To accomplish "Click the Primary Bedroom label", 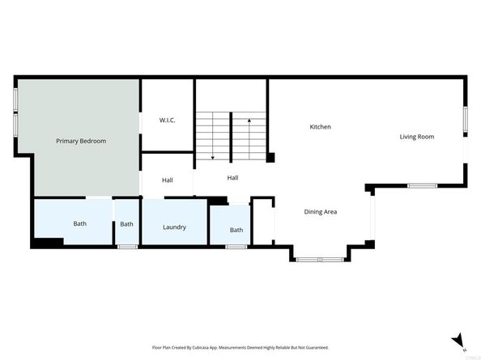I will click(81, 141).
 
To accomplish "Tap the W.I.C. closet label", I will click(167, 121).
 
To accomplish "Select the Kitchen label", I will click(321, 127).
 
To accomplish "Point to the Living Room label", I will click(416, 137).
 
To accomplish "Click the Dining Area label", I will click(321, 212).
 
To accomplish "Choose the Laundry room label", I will click(174, 227).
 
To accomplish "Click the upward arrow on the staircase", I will click(249, 121).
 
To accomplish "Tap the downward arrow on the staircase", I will click(213, 155).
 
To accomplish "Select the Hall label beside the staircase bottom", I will click(232, 178).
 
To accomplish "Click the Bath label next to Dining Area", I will click(236, 230).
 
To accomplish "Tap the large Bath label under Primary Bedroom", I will click(80, 223).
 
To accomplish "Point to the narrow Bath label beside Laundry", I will click(127, 224).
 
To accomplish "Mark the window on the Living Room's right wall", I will click(465, 120).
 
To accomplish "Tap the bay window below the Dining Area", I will click(320, 259).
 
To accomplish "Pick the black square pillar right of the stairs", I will click(271, 158).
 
